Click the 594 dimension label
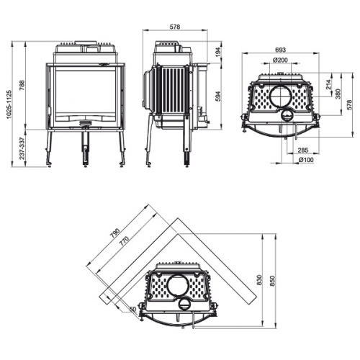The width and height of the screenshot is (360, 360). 218,95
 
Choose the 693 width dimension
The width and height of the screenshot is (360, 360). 280,50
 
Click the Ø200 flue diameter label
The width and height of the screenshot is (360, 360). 280,60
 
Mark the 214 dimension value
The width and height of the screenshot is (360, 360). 329,86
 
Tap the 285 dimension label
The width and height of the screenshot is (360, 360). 302,150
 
